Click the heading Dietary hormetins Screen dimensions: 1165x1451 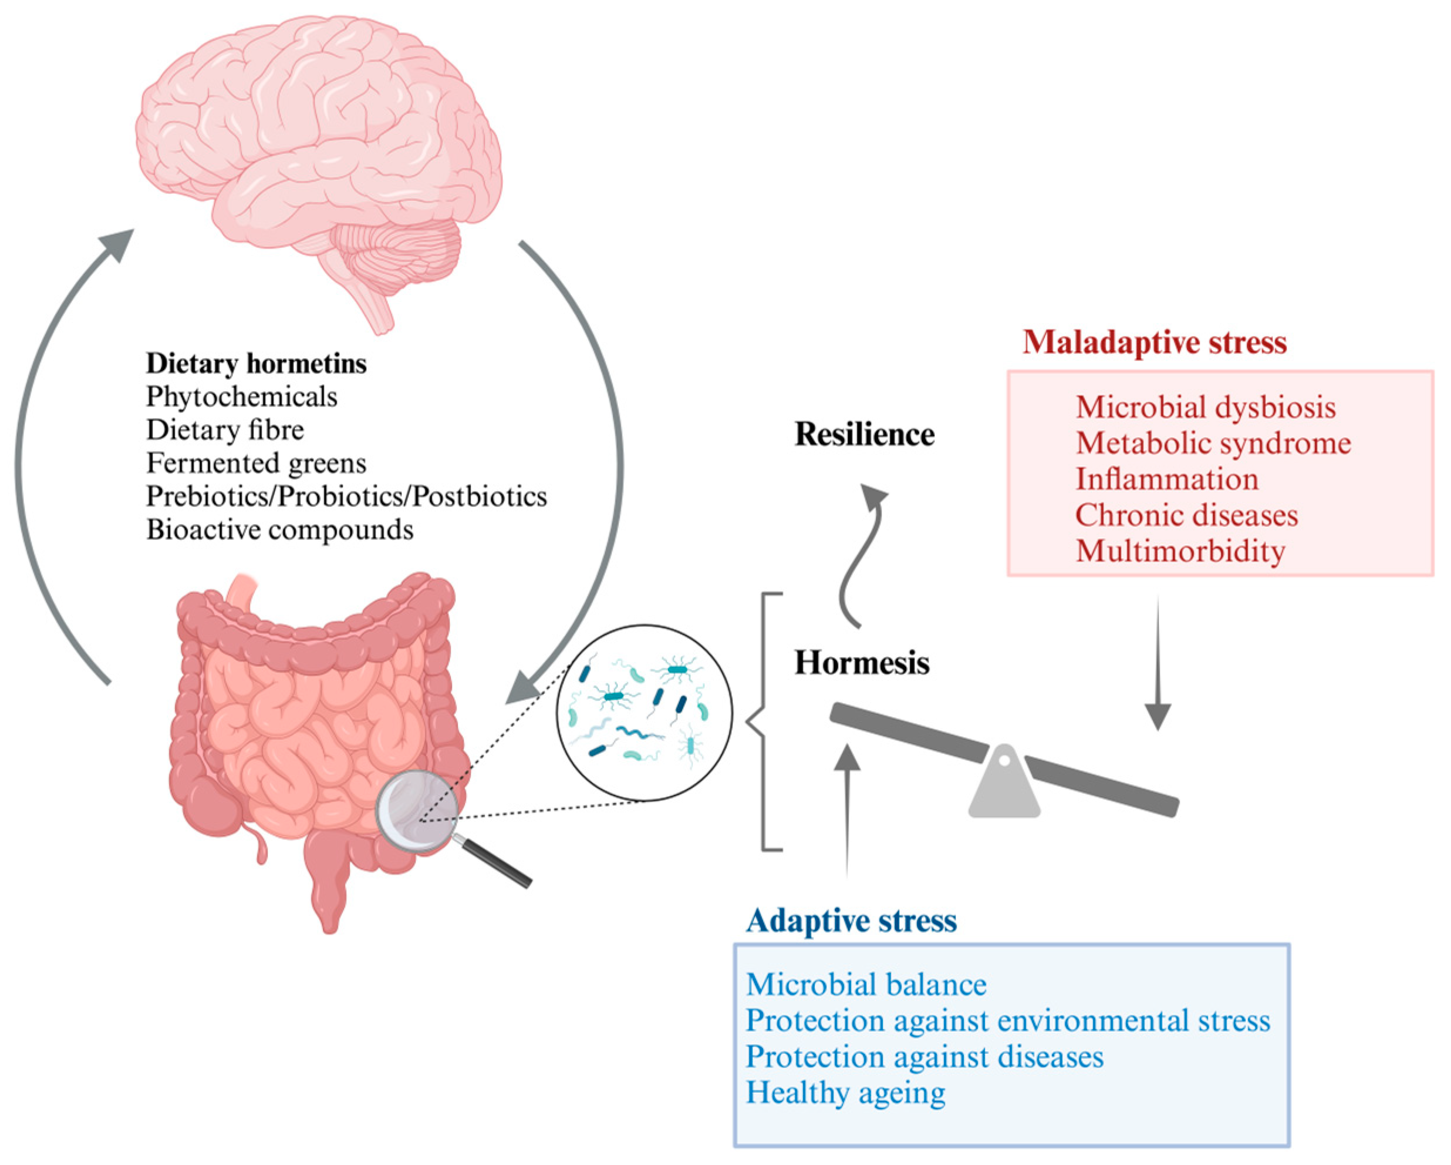(257, 364)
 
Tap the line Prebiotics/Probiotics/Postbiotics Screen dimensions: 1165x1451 (346, 496)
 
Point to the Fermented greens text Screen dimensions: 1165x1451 (257, 464)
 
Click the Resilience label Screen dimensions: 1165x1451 (864, 434)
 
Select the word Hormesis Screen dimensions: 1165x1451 (862, 663)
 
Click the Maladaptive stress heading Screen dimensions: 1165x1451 (1154, 342)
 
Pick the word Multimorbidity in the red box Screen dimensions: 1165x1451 (1180, 551)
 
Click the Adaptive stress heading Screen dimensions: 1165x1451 (851, 921)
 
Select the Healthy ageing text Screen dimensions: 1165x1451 (845, 1092)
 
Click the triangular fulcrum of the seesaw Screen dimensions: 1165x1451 (1004, 788)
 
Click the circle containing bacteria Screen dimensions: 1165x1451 (644, 713)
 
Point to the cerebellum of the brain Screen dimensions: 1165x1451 (397, 253)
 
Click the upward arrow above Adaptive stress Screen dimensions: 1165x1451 (848, 808)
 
